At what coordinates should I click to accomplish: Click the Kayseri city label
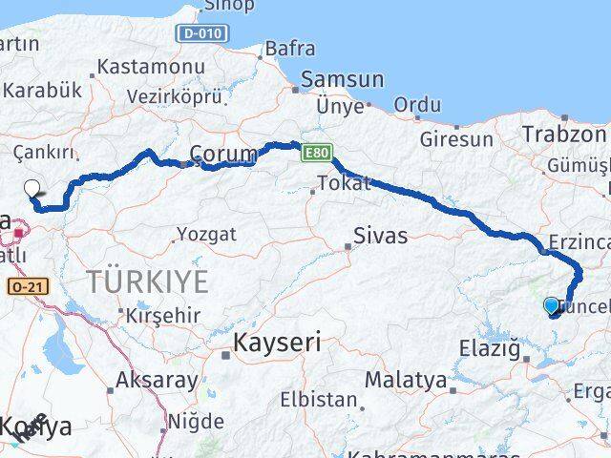tap(276, 343)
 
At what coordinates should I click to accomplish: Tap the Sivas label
tap(380, 236)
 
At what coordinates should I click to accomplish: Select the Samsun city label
tap(342, 80)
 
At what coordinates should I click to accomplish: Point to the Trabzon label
tap(564, 135)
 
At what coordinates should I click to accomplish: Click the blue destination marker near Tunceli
tap(552, 305)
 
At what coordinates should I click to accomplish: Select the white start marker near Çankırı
tap(32, 189)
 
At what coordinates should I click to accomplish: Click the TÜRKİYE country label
tap(147, 281)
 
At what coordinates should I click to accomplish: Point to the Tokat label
tap(343, 183)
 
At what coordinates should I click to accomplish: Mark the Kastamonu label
tap(151, 68)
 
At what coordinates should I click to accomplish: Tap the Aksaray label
tap(157, 381)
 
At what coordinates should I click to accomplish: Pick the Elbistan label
tap(319, 401)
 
